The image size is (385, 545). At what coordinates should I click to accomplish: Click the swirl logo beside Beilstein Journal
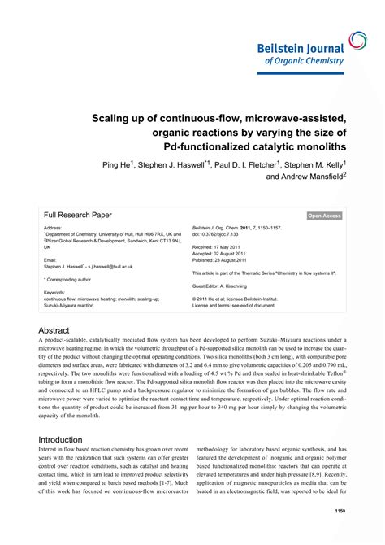pyautogui.click(x=358, y=41)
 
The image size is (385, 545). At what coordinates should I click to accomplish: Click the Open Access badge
pyautogui.click(x=325, y=216)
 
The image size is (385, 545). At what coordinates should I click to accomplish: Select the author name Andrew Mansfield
pyautogui.click(x=305, y=177)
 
